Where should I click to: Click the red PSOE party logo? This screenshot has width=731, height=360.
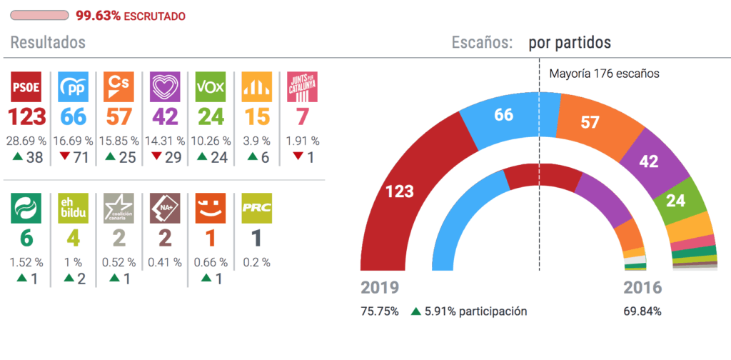tap(27, 87)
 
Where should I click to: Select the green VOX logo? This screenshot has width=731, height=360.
tap(211, 87)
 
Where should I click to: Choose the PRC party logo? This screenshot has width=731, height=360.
tap(256, 209)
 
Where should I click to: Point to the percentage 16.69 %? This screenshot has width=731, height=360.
tap(74, 141)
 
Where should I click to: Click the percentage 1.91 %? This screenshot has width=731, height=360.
tap(302, 141)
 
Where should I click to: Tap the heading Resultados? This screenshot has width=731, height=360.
tap(48, 43)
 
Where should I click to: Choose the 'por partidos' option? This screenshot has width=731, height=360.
tap(570, 43)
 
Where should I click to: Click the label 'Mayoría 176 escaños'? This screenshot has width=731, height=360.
tap(604, 73)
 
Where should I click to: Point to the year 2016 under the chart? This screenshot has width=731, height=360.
tap(640, 288)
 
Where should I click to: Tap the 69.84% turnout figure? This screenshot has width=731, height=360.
tap(642, 311)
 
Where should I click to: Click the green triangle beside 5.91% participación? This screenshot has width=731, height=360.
tap(416, 311)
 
